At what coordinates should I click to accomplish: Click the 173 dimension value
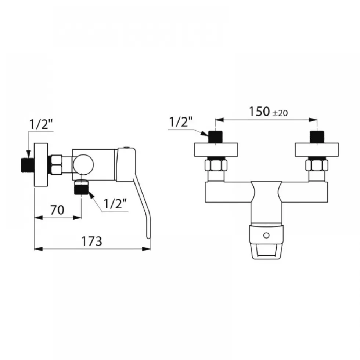(92, 241)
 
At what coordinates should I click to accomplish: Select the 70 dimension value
(57, 210)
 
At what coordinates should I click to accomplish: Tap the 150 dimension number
(259, 112)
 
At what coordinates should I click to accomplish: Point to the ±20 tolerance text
(280, 113)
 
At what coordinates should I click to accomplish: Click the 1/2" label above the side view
(41, 124)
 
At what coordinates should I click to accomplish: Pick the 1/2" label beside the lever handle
(115, 203)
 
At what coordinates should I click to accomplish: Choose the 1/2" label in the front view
(181, 122)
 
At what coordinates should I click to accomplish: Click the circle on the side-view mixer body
(83, 165)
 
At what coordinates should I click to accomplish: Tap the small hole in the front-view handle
(266, 235)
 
